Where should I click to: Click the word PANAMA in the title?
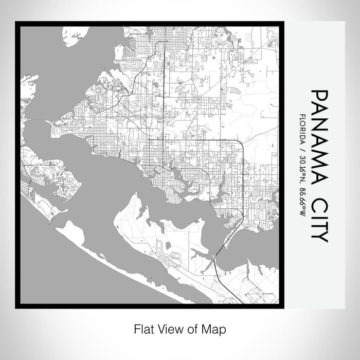[319, 137]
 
